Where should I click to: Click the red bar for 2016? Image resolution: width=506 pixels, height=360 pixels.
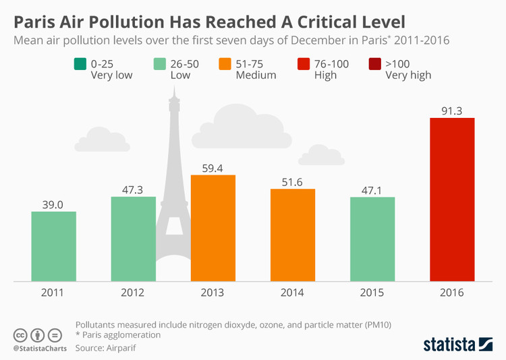point(452,199)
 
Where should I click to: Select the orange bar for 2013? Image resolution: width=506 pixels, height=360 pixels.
point(213,228)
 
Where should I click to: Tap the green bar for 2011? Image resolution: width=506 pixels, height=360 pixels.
point(53,246)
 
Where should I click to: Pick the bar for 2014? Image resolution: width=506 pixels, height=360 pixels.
point(293,235)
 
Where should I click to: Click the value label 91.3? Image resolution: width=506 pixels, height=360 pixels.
point(452,110)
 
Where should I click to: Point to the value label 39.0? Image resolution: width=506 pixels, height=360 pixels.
point(53,204)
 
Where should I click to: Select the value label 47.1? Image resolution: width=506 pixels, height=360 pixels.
point(372,189)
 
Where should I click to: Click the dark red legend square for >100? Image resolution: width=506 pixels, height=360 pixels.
point(373,64)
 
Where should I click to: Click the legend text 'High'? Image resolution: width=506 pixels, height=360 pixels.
point(325,76)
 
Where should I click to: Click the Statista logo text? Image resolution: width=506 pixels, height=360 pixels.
point(449,344)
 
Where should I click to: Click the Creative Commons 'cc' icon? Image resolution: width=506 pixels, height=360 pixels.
point(20,334)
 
